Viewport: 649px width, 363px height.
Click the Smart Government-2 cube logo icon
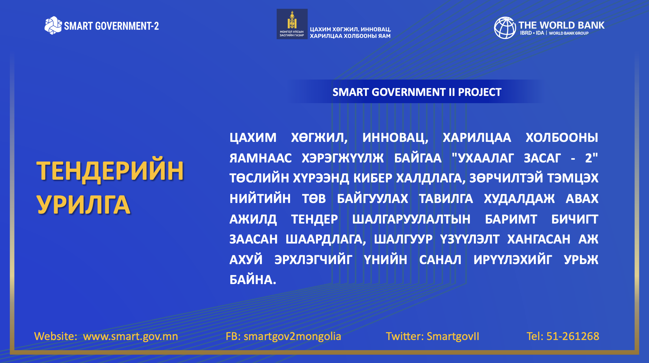(x=53, y=25)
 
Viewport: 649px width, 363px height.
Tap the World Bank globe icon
(x=505, y=28)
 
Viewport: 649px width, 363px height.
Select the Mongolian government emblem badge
(x=292, y=24)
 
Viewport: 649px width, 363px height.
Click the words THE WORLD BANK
(x=561, y=25)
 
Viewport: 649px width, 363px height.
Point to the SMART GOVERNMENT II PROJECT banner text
(x=417, y=92)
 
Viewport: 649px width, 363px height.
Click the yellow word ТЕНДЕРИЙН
(x=110, y=171)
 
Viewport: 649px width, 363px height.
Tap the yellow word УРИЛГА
(x=84, y=205)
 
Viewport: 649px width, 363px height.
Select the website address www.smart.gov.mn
(x=130, y=336)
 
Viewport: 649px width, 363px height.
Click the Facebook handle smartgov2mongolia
(x=292, y=336)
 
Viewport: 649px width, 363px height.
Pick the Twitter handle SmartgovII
(x=453, y=336)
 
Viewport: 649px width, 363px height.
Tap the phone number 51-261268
(x=573, y=336)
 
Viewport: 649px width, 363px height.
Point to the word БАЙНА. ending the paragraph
(x=253, y=280)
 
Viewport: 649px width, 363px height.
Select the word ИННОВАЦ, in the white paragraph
(x=395, y=138)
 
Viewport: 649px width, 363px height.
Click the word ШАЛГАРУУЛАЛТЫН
(x=411, y=219)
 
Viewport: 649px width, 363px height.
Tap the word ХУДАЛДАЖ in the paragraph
(x=519, y=199)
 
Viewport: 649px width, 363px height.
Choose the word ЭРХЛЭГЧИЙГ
(x=313, y=260)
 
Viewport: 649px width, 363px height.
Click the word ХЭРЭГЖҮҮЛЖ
(x=343, y=158)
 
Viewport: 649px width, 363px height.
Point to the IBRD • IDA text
(x=532, y=33)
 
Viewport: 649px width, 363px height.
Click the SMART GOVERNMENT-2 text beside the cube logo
(x=111, y=26)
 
